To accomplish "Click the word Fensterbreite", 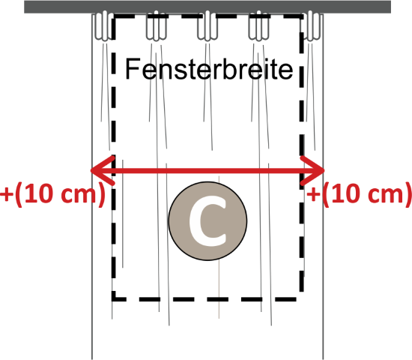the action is point(209,69).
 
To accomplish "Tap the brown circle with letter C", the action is point(207,220).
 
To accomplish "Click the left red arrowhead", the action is point(103,170).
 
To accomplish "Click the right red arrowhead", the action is point(312,170).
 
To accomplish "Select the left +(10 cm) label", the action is point(52,195).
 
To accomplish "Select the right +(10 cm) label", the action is point(359,195).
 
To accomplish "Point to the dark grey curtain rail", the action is point(207,7).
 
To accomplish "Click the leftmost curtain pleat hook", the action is point(104,25).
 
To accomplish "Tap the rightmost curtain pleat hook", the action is point(311,25).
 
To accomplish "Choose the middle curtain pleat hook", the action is point(207,25).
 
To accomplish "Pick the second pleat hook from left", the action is point(157,25).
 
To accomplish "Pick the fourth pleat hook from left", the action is point(259,25).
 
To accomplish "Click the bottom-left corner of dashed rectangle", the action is point(114,299).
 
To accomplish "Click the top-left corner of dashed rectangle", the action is point(114,16).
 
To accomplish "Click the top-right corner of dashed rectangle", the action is point(302,16).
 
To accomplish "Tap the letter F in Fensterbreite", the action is point(132,69).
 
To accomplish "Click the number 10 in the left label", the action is point(40,193).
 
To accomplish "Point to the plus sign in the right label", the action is point(313,195).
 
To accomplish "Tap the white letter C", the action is point(207,221).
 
